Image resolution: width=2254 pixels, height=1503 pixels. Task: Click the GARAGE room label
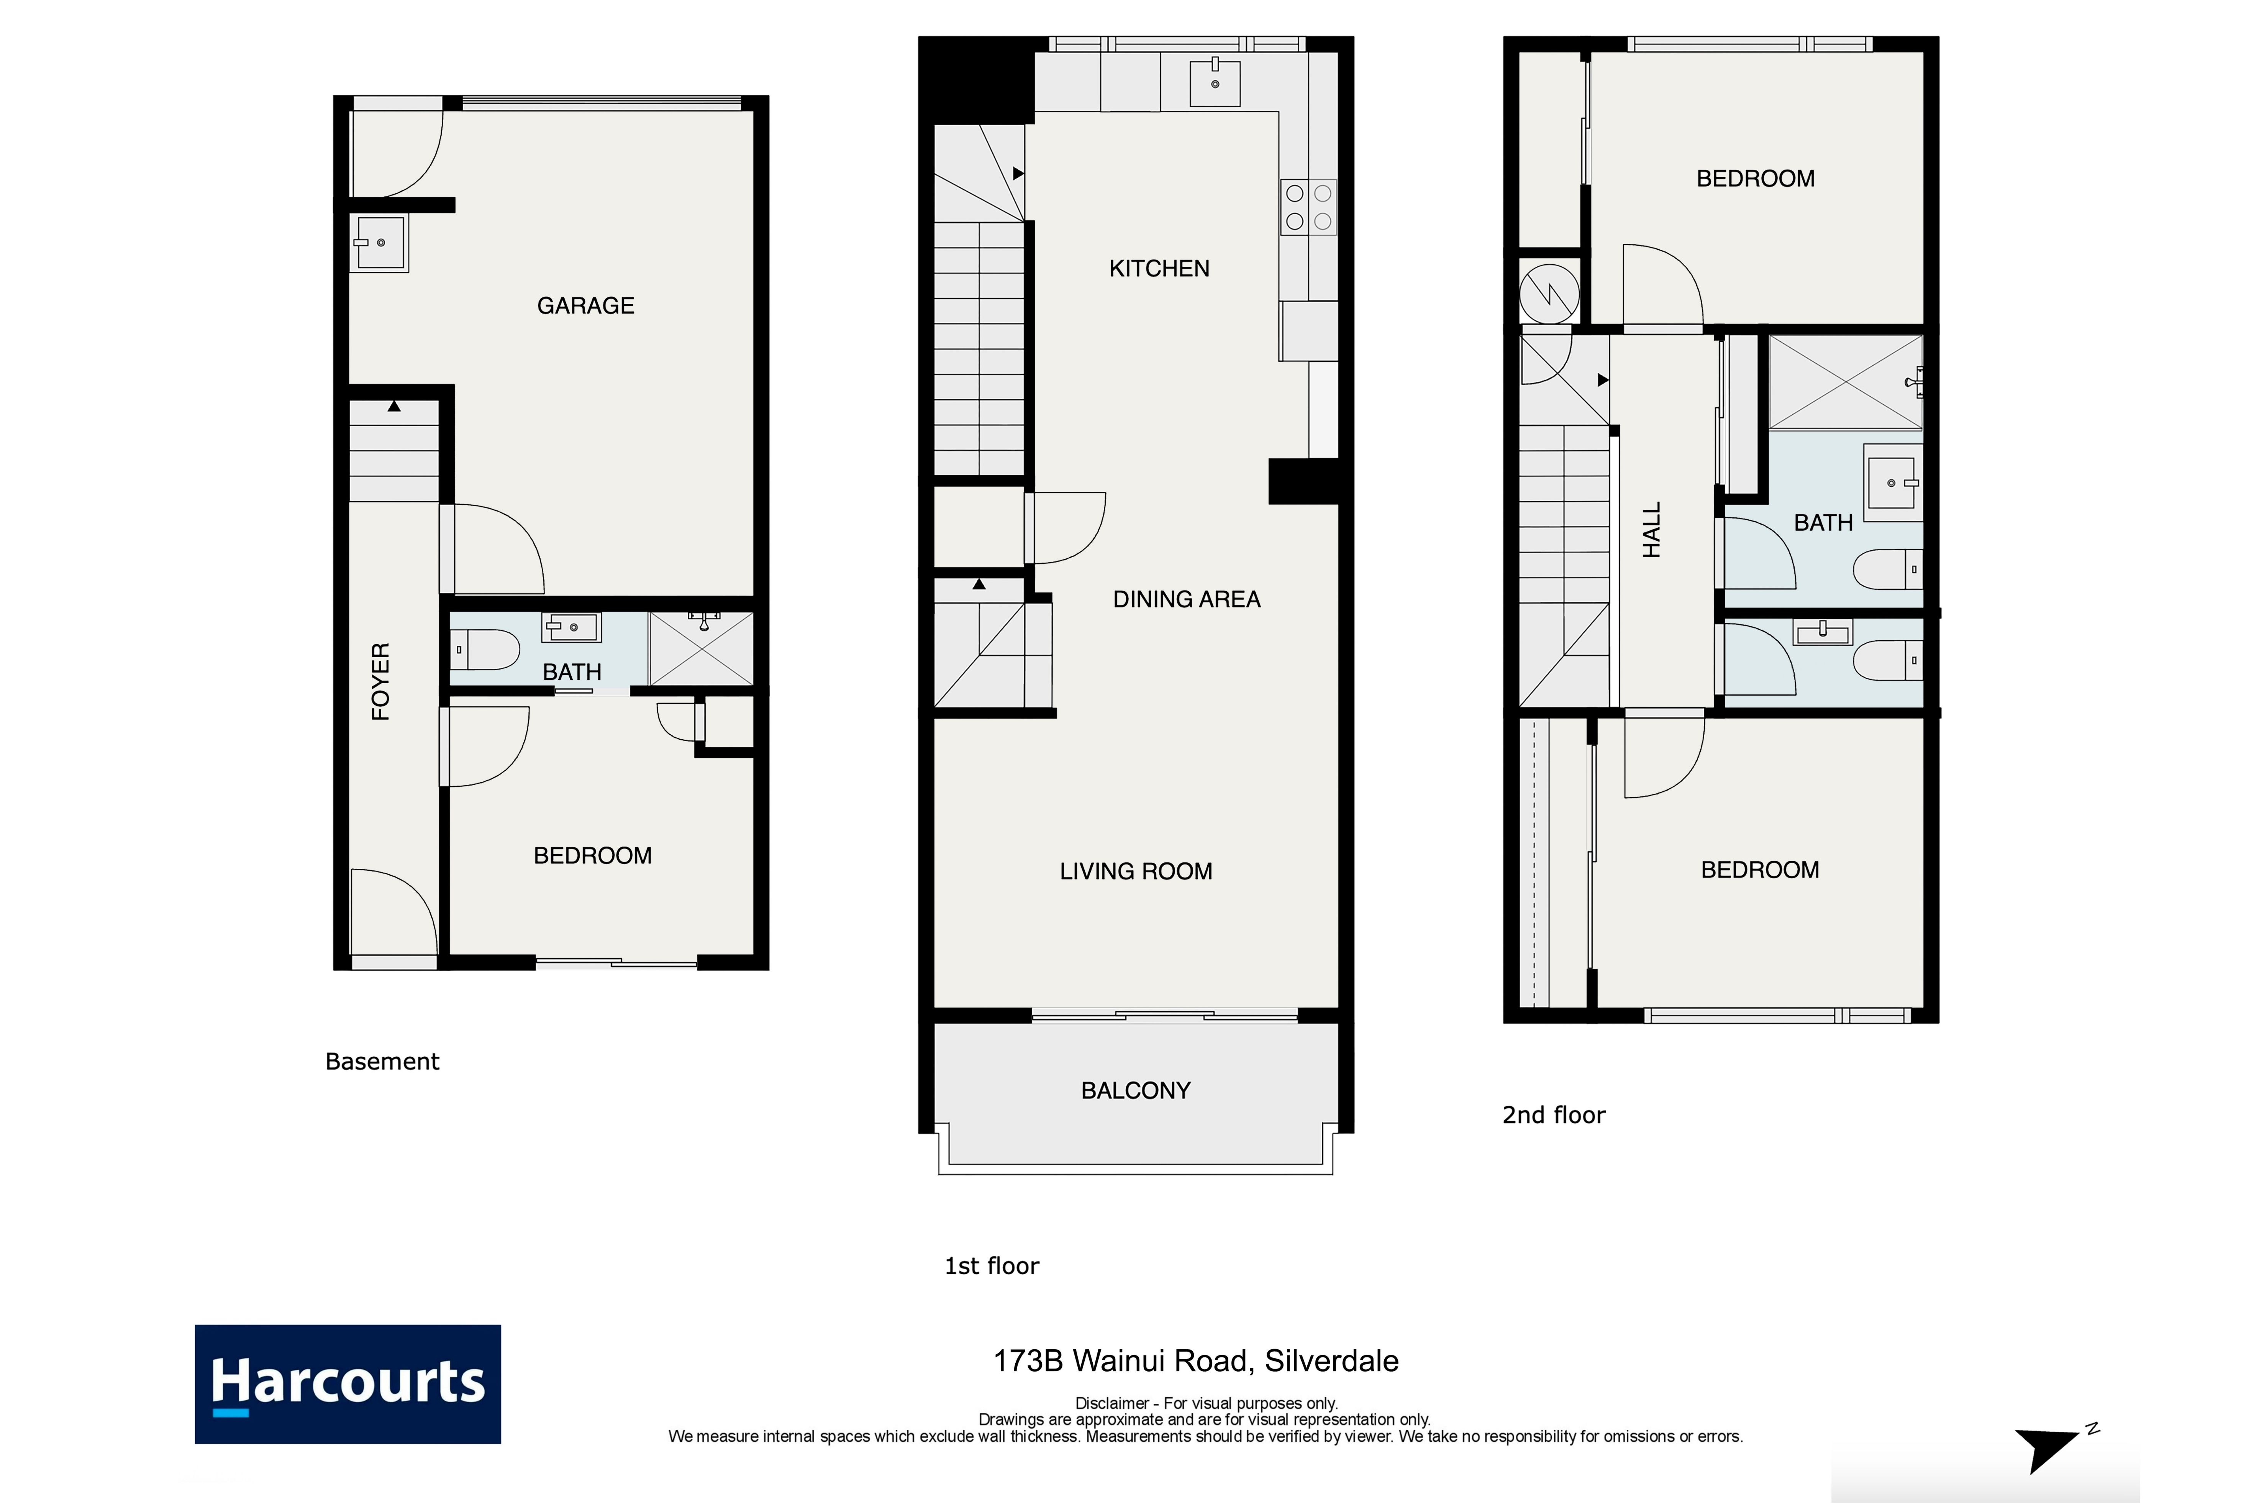click(585, 306)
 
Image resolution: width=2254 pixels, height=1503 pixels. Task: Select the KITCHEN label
click(1159, 268)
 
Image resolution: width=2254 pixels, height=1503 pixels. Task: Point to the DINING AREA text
click(1187, 599)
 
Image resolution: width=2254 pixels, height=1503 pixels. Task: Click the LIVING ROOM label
click(1136, 871)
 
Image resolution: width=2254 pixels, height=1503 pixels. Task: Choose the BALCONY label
click(1136, 1091)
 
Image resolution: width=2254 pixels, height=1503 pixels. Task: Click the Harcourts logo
click(348, 1384)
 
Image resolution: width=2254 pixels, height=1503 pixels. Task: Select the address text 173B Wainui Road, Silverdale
click(1196, 1361)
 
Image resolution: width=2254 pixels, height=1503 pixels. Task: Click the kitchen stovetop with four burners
click(1308, 207)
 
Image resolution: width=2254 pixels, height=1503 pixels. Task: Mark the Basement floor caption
click(382, 1061)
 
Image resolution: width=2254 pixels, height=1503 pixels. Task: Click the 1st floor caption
click(992, 1266)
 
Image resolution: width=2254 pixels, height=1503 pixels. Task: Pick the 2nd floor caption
click(1554, 1115)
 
